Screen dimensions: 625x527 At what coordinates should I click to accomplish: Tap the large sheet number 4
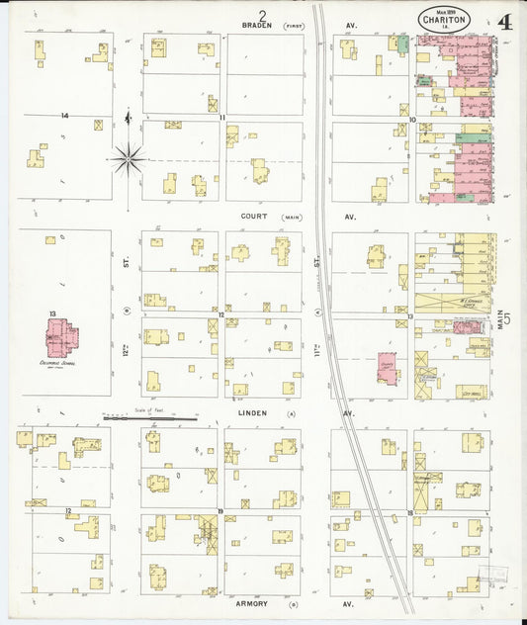505,21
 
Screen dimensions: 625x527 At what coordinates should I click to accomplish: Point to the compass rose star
129,157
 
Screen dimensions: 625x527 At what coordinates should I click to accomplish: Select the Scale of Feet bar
149,418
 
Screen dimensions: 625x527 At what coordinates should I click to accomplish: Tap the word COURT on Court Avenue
255,216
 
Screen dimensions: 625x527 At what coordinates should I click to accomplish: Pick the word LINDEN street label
254,413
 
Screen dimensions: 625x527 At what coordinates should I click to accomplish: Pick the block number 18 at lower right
409,512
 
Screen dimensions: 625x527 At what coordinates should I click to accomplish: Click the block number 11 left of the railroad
222,118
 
